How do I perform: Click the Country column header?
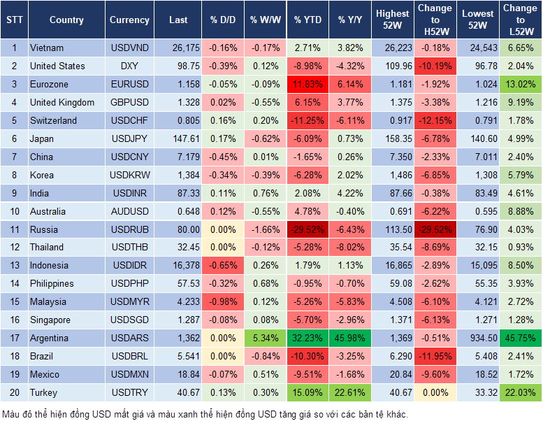coord(66,20)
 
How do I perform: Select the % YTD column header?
coord(307,20)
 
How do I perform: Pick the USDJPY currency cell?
coord(129,138)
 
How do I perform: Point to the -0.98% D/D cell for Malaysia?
coord(222,301)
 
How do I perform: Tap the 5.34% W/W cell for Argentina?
coord(264,338)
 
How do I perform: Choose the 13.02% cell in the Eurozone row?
coord(519,84)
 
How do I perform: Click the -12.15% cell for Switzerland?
coord(434,120)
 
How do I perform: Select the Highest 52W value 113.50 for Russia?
coord(392,229)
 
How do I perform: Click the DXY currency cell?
coord(129,66)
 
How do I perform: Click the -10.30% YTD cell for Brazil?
coord(307,356)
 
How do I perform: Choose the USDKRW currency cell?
coord(129,175)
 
